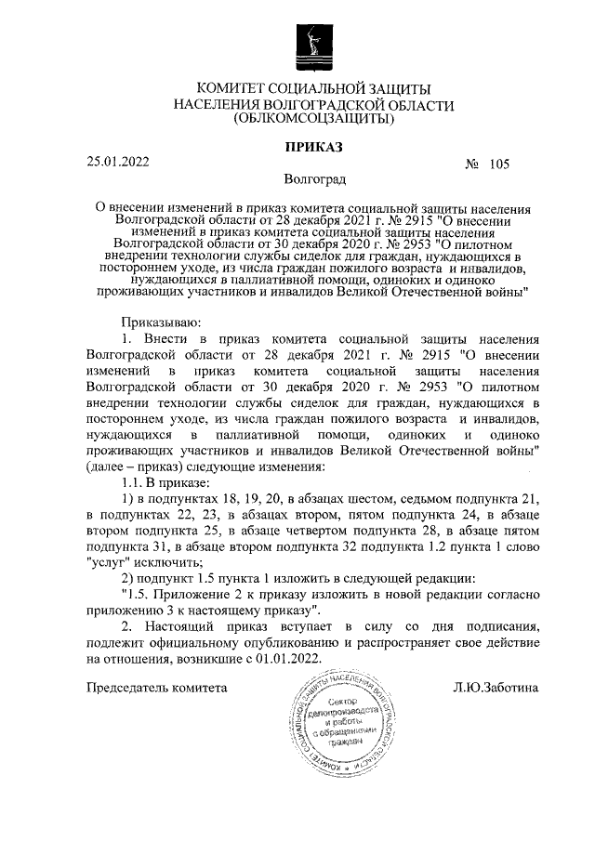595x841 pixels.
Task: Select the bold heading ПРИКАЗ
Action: pyautogui.click(x=313, y=147)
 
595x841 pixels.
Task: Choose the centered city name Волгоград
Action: pyautogui.click(x=313, y=177)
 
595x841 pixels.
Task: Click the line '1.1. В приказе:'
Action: pyautogui.click(x=165, y=482)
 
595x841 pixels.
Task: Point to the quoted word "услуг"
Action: pyautogui.click(x=108, y=561)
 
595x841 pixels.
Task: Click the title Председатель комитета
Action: pyautogui.click(x=156, y=689)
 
